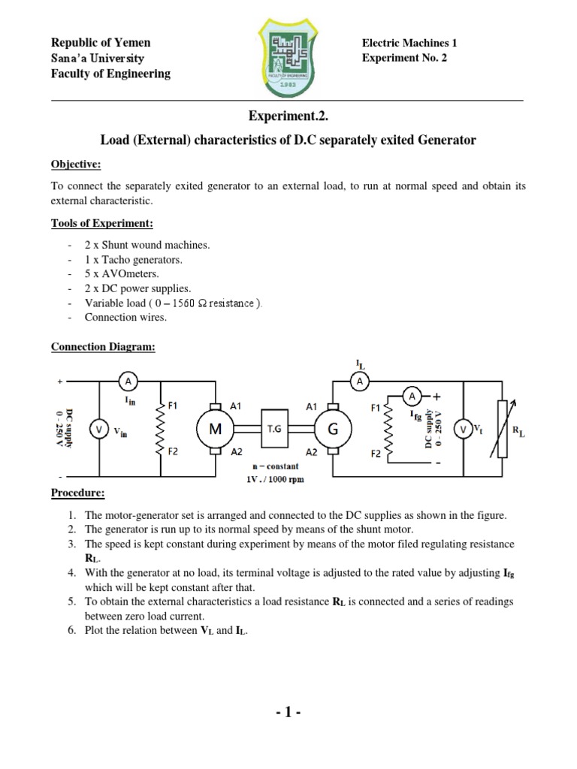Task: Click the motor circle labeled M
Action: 215,428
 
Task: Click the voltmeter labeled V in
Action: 99,429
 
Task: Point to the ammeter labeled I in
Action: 128,381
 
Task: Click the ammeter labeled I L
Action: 360,381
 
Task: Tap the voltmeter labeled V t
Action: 464,429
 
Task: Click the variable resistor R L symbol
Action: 502,429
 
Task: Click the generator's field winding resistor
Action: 388,430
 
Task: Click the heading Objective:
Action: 76,164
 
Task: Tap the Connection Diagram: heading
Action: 102,347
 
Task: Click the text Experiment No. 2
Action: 404,58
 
